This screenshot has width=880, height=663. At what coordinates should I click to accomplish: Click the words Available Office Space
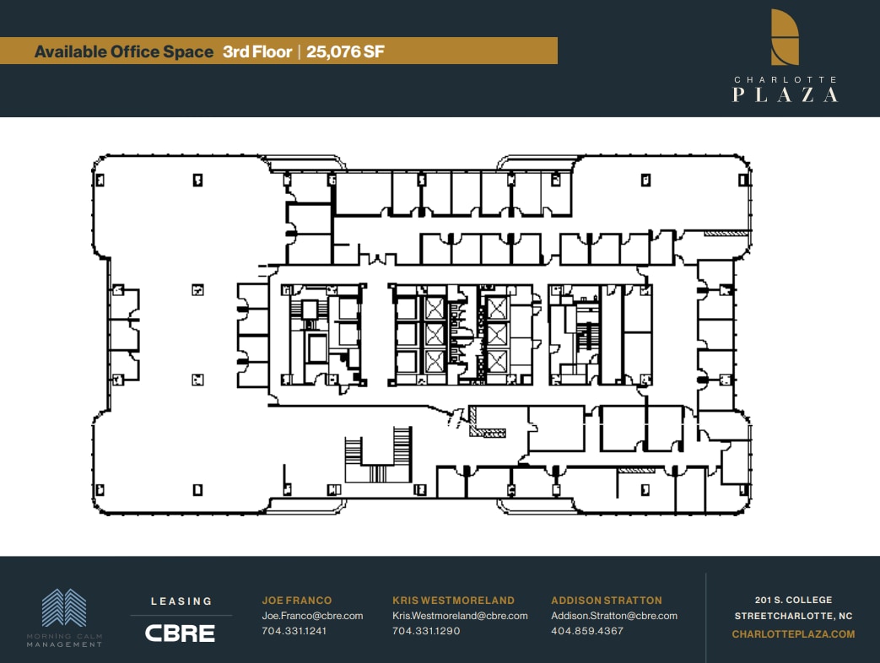(x=123, y=51)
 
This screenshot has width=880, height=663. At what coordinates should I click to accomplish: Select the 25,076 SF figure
(x=346, y=51)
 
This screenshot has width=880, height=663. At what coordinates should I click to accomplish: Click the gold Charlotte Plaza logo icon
(x=785, y=37)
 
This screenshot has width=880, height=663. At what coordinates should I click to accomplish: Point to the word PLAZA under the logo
(x=785, y=94)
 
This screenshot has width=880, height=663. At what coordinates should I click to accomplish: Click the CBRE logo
(x=180, y=633)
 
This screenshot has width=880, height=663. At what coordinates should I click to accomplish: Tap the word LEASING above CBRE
(x=181, y=601)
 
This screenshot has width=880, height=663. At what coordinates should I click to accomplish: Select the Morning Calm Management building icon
(x=65, y=608)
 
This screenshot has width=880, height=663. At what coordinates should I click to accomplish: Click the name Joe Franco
(x=296, y=601)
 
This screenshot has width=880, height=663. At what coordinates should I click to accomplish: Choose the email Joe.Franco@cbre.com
(x=312, y=616)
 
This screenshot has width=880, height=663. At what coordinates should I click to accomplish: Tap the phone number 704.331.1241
(x=294, y=631)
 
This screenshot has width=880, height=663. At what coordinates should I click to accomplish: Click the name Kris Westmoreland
(x=453, y=601)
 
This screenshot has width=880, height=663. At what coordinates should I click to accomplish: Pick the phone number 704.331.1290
(x=426, y=631)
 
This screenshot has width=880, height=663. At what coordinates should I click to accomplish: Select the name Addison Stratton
(x=607, y=601)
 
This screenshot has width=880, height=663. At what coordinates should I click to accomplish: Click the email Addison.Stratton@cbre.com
(x=614, y=616)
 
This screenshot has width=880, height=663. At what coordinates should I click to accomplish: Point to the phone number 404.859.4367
(x=587, y=631)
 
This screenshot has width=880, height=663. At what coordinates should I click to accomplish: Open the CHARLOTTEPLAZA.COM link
(x=793, y=634)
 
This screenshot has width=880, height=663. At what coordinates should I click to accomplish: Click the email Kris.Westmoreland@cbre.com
(x=460, y=616)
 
